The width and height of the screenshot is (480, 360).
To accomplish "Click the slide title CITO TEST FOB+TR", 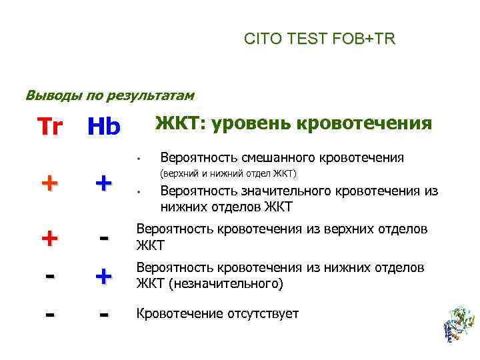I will (x=319, y=40).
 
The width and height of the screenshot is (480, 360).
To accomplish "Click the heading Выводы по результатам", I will (x=109, y=95).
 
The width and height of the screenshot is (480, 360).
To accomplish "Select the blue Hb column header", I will (x=103, y=126).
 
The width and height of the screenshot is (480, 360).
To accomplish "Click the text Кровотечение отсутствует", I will (x=217, y=313).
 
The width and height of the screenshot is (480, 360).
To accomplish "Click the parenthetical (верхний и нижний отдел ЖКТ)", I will (x=227, y=174).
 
